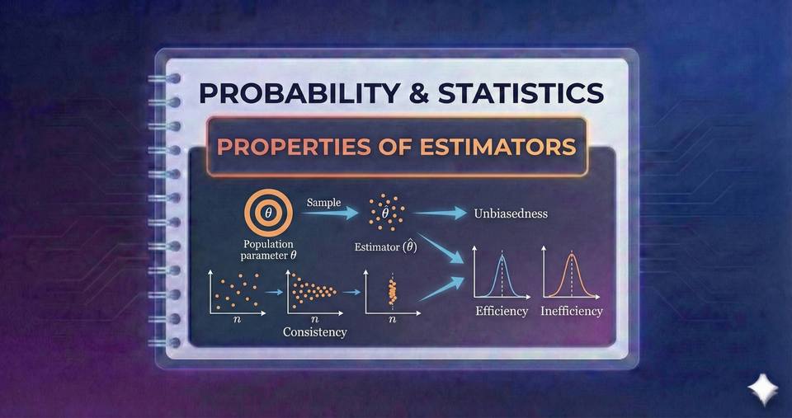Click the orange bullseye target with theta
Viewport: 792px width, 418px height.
coord(266,212)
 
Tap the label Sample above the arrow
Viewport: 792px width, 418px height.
coord(323,202)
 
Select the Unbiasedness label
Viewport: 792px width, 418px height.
coord(511,214)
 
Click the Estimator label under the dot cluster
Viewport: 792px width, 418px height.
coord(384,246)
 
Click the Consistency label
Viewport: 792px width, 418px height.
coord(314,332)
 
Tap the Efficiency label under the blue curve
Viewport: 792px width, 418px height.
coord(502,311)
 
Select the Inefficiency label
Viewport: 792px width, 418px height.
coord(571,311)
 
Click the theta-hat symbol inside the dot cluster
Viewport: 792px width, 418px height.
coord(384,212)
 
